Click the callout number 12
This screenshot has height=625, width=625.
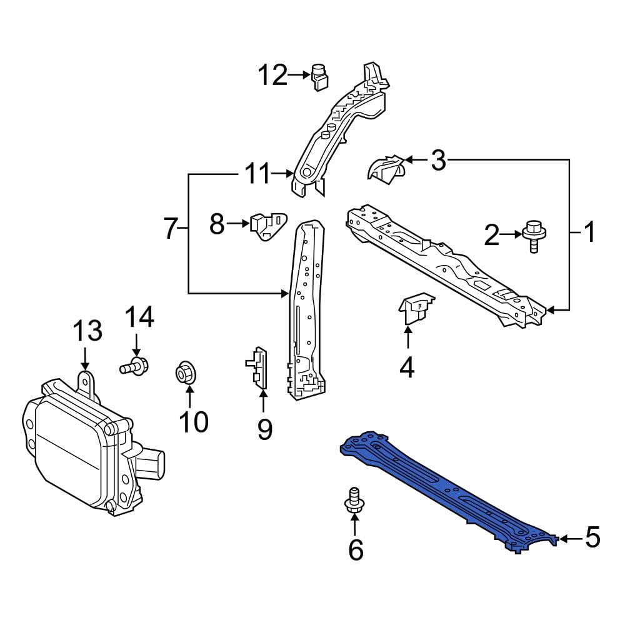272,75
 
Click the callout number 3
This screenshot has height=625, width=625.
439,160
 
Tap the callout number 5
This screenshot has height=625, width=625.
592,537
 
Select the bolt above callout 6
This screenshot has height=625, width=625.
354,501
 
